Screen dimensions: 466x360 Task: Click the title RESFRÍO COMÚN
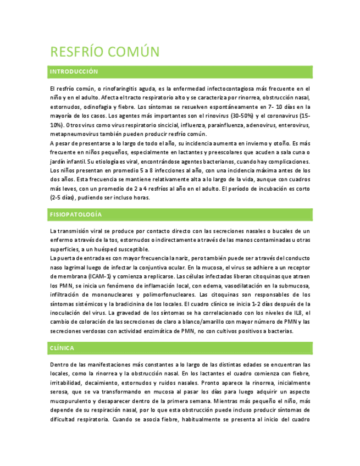coord(104,52)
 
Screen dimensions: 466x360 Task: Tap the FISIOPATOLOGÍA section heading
coord(76,214)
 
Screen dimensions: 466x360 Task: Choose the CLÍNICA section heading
coord(62,348)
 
